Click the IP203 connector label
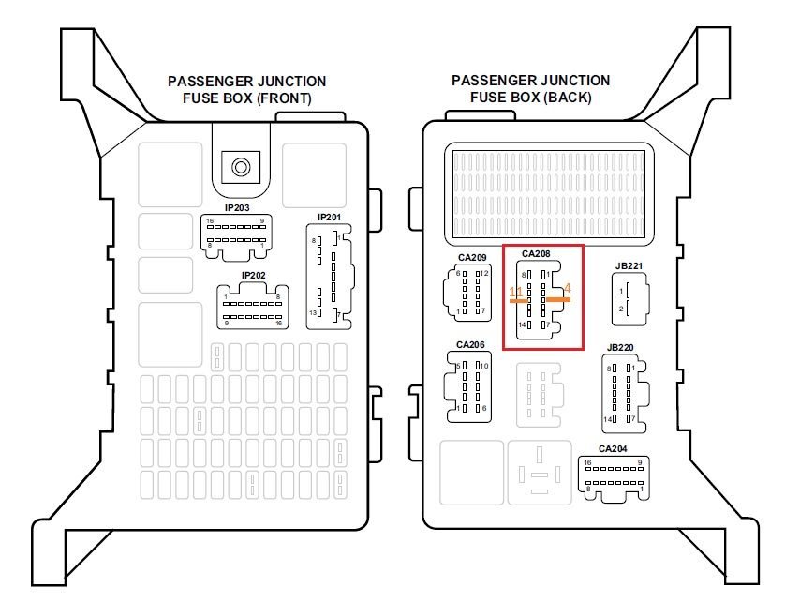point(236,207)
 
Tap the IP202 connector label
point(254,276)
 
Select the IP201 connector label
point(329,218)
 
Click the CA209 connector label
point(472,257)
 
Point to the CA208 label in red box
point(536,253)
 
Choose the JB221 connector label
point(629,265)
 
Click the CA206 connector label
point(470,345)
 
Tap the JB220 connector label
point(620,348)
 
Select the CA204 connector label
point(612,448)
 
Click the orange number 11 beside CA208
point(515,293)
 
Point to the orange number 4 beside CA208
point(568,289)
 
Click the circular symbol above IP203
point(241,168)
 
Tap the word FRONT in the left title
point(277,98)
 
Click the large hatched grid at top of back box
point(548,190)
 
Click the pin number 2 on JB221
point(620,309)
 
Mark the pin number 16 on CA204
point(587,463)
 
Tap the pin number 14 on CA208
point(522,324)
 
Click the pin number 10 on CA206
point(484,366)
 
